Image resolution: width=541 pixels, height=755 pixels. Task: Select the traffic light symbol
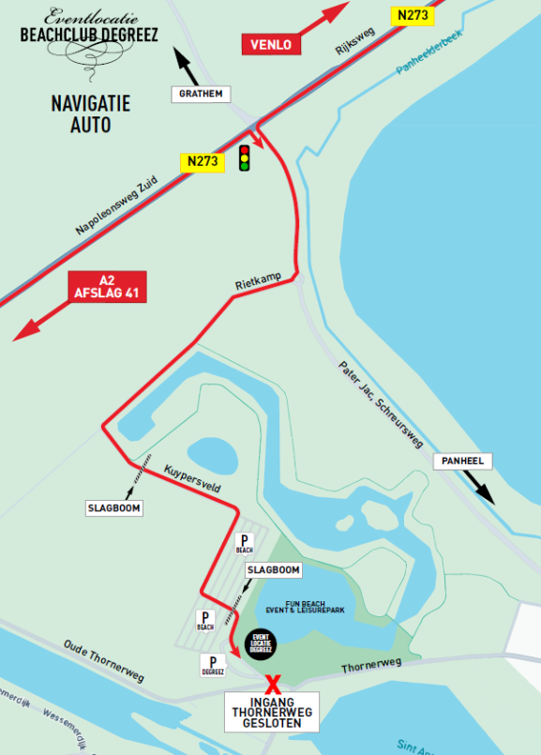[x=246, y=158]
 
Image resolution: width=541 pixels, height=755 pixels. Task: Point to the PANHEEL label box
[x=460, y=462]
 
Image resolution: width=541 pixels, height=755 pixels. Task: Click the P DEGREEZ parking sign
[x=213, y=666]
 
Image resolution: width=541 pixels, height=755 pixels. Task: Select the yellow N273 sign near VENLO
[x=413, y=15]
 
